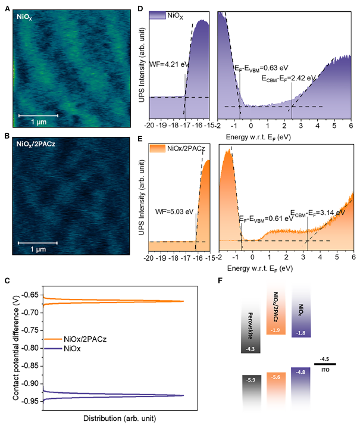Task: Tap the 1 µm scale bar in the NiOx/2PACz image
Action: click(x=37, y=243)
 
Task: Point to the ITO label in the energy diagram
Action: click(x=324, y=370)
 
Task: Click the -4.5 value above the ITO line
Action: click(x=324, y=359)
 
